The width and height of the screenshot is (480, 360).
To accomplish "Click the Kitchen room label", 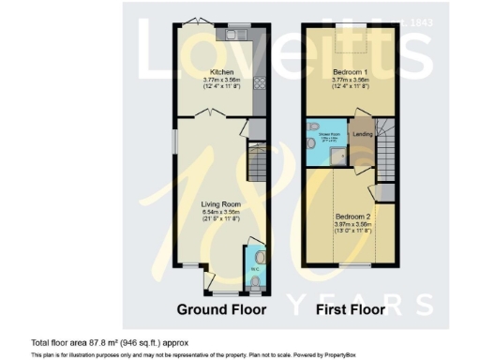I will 222,72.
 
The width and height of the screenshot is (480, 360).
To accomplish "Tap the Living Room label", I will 222,202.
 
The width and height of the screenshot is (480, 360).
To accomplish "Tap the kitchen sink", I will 233,35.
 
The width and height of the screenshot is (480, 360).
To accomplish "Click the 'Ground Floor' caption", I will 222,309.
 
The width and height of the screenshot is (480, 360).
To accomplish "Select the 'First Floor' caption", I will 352,309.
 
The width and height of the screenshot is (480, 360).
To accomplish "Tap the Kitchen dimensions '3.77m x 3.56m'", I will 222,81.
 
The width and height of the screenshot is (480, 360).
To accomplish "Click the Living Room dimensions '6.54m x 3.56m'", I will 222,210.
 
